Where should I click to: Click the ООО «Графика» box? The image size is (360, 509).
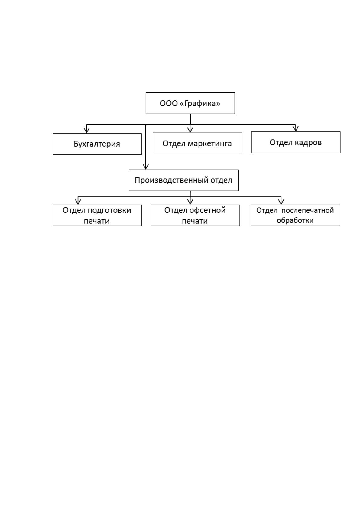(190, 103)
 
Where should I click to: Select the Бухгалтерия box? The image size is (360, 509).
(97, 144)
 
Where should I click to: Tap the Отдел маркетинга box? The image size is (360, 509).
(197, 143)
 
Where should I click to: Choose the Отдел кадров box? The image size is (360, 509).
(296, 142)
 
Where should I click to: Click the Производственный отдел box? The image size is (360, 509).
(184, 180)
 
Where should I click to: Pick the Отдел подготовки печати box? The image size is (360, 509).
(97, 216)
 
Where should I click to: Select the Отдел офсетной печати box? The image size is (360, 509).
(195, 216)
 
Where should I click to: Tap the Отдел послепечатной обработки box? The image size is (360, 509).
(295, 216)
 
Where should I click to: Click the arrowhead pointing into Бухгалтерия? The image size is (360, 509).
(86, 130)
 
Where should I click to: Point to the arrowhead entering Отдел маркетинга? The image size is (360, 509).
(190, 130)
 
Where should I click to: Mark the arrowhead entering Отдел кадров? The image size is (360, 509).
(295, 129)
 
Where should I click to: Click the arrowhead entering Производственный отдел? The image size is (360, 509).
(146, 166)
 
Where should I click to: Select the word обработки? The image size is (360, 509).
(295, 220)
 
